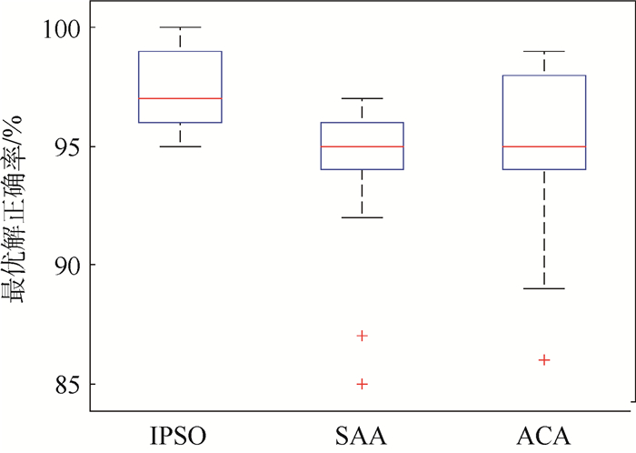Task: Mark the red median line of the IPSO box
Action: tap(180, 98)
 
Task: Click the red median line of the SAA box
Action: tap(362, 146)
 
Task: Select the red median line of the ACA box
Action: tap(543, 146)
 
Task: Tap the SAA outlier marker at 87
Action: tap(362, 336)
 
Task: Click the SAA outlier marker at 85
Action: tap(362, 384)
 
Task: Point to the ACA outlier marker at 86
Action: tap(543, 360)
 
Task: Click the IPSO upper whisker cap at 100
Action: tap(180, 27)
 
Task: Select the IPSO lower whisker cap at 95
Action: tap(180, 146)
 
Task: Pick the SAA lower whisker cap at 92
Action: tap(362, 217)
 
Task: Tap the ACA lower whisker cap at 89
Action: tap(543, 288)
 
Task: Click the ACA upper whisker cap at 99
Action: tap(543, 51)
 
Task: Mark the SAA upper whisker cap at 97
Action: tap(362, 98)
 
